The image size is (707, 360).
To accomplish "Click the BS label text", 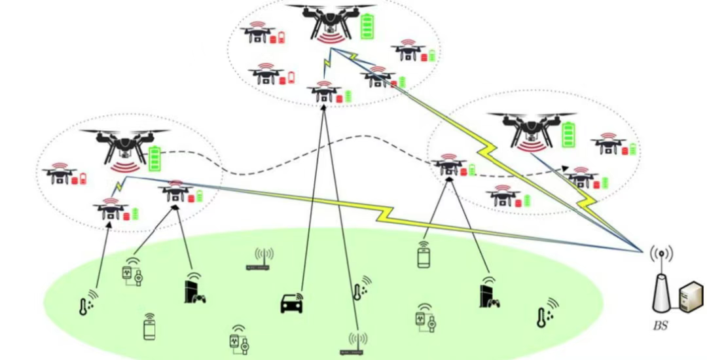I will [661, 325].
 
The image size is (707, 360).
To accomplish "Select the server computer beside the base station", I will [691, 298].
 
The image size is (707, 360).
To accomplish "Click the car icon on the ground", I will [292, 304].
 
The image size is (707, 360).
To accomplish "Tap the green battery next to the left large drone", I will [156, 158].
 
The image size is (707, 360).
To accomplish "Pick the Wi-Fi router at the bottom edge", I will [357, 344].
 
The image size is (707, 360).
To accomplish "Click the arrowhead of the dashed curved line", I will [564, 168].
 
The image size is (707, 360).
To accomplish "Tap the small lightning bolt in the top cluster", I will [325, 66].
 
